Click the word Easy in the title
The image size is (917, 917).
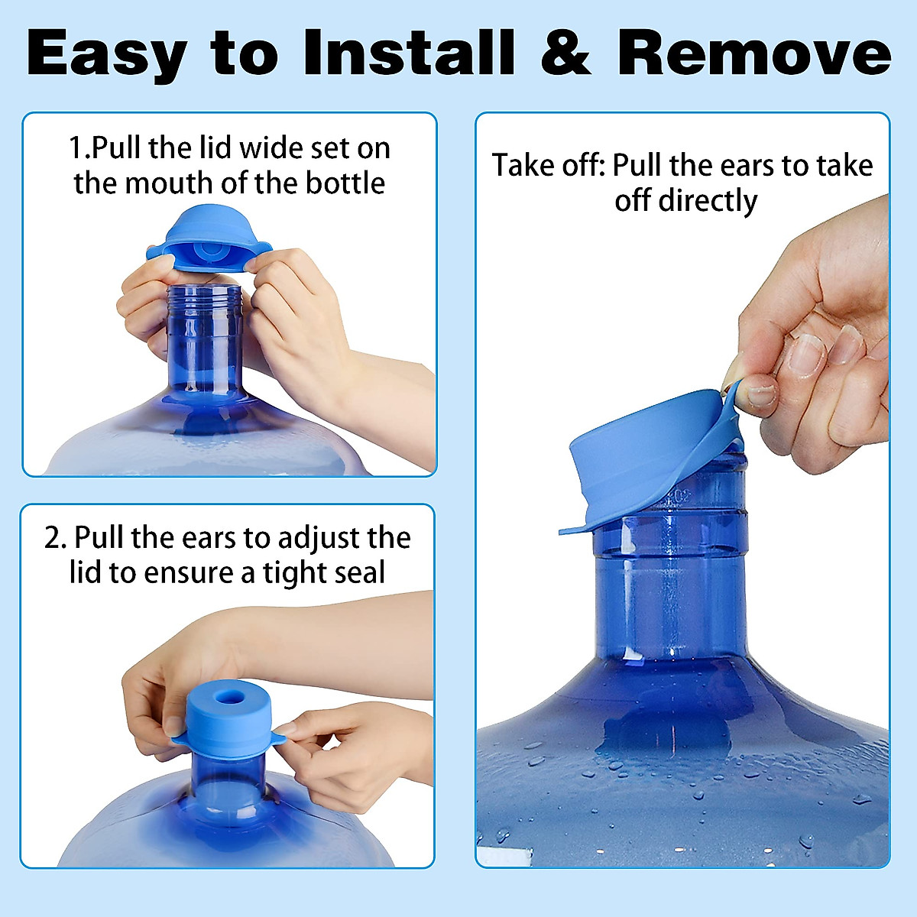[106, 53]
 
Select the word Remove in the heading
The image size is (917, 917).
[753, 53]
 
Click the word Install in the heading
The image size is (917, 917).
[409, 53]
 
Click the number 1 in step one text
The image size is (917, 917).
[76, 147]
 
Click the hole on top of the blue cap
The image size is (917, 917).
[229, 698]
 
